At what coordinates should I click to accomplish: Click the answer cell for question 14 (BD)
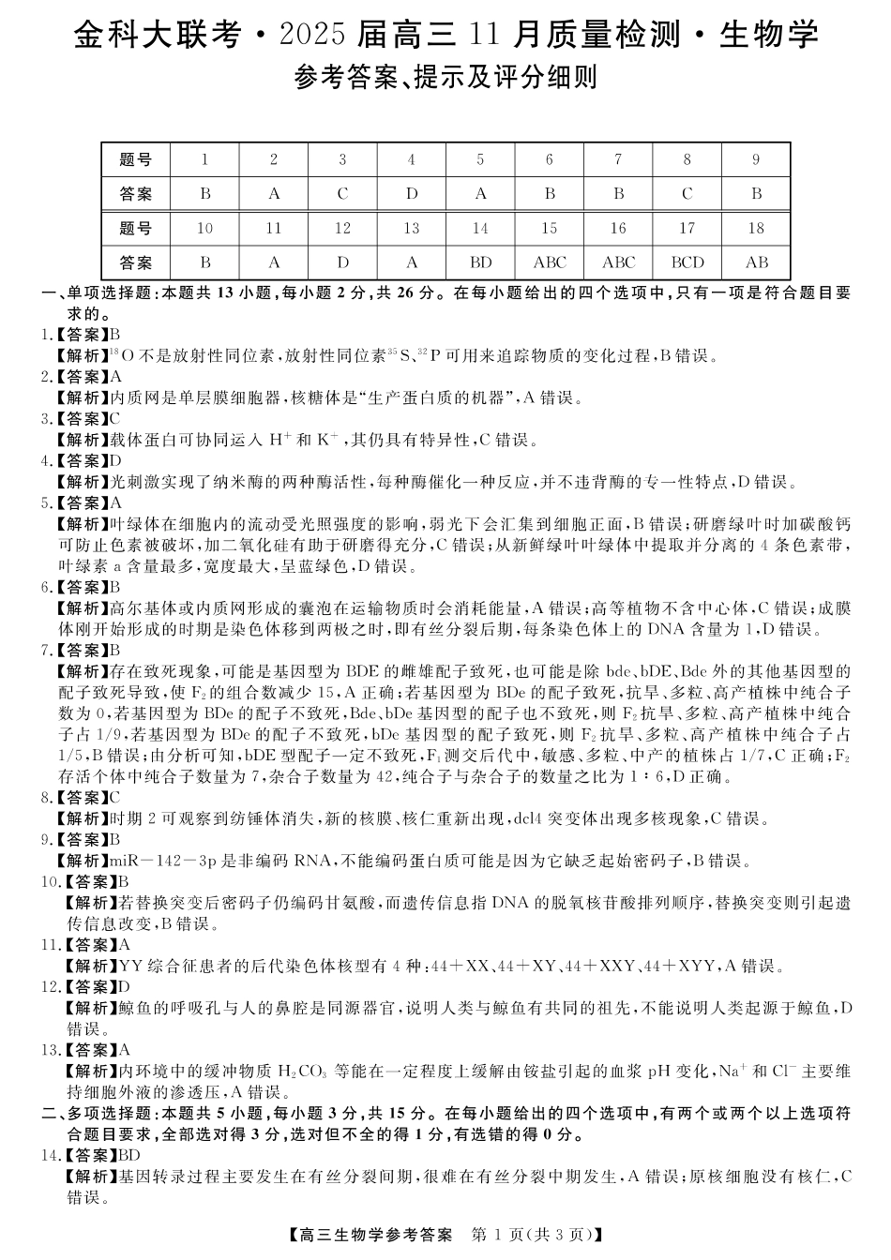(480, 262)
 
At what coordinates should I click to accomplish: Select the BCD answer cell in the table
(687, 262)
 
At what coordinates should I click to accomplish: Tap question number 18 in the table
(756, 228)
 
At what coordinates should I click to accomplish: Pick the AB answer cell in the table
(756, 262)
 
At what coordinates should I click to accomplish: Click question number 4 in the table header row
(411, 159)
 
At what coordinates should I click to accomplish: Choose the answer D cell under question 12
(342, 262)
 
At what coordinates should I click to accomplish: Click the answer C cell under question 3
(342, 194)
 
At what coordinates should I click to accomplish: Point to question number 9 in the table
(756, 159)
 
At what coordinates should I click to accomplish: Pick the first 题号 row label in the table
(137, 159)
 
